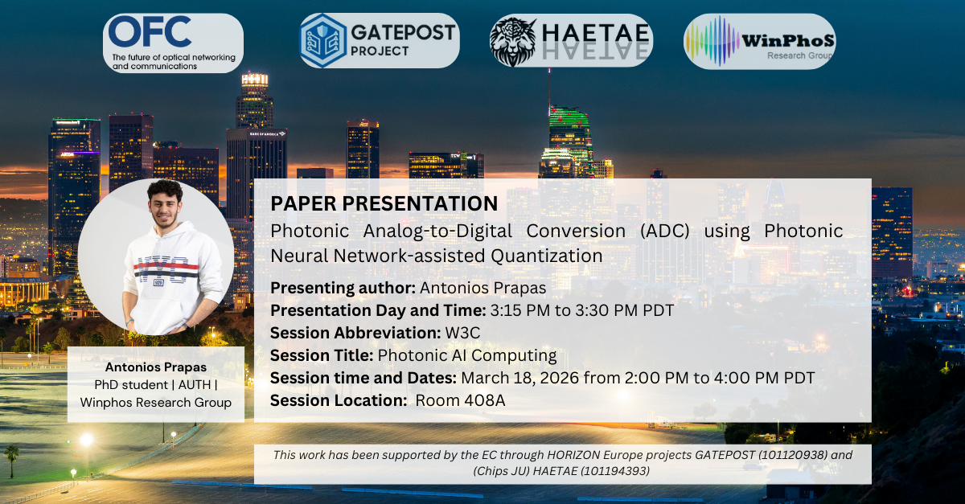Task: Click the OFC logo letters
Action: tap(150, 31)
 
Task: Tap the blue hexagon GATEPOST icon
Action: tap(323, 40)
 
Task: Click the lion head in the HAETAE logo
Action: tap(513, 41)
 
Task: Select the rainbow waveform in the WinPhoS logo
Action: tap(711, 41)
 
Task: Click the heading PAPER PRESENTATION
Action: tap(384, 203)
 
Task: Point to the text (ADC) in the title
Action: tap(665, 231)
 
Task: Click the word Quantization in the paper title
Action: tap(547, 256)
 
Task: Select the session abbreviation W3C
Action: tap(462, 333)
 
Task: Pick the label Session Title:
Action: tap(322, 356)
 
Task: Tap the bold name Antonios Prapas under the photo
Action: tap(156, 367)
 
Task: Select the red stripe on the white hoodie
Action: tap(166, 264)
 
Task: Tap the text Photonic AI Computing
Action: tap(467, 356)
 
